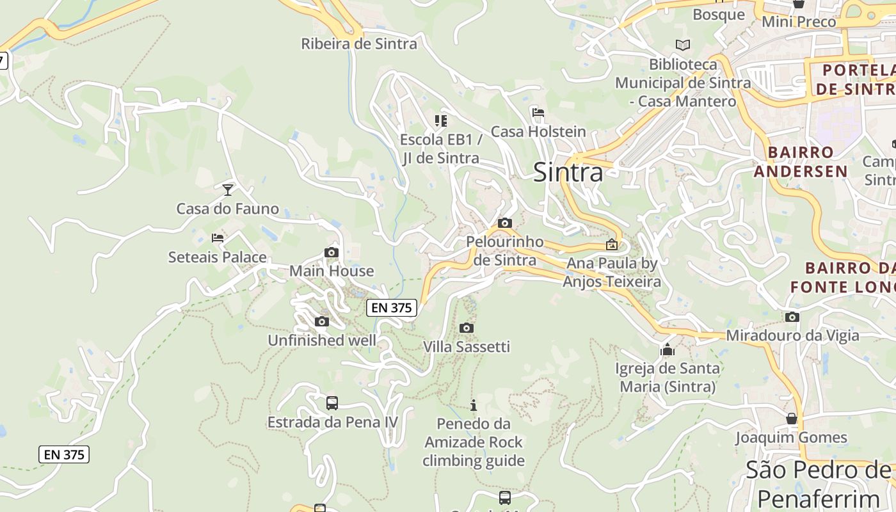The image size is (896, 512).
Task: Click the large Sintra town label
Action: pos(568,172)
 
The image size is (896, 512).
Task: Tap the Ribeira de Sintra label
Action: pos(359,44)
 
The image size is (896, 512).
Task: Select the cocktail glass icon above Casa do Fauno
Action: pos(227,189)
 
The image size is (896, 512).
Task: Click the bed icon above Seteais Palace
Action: pos(218,238)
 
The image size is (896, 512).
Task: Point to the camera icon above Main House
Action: pos(331,252)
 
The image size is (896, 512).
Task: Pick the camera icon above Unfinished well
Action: pos(322,321)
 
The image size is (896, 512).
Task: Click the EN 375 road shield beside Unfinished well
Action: pos(392,307)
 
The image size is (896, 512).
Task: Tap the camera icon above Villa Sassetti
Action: pos(467,328)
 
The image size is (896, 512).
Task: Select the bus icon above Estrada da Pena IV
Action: pos(332,403)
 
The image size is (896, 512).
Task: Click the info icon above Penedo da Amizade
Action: pos(474,405)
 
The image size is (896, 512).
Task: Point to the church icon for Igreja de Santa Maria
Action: pos(668,349)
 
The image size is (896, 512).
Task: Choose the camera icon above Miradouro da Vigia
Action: pos(792,317)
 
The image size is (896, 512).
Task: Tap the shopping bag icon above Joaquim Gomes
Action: pos(792,419)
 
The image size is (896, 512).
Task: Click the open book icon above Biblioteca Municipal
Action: pos(683,45)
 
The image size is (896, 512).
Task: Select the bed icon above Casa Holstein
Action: pos(538,113)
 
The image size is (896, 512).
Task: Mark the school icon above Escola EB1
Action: pos(440,120)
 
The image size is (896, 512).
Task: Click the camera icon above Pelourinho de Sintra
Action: pos(504,223)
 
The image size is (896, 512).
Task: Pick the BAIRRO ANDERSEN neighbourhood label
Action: pos(801,161)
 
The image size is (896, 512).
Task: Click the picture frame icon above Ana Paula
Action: pos(612,244)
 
